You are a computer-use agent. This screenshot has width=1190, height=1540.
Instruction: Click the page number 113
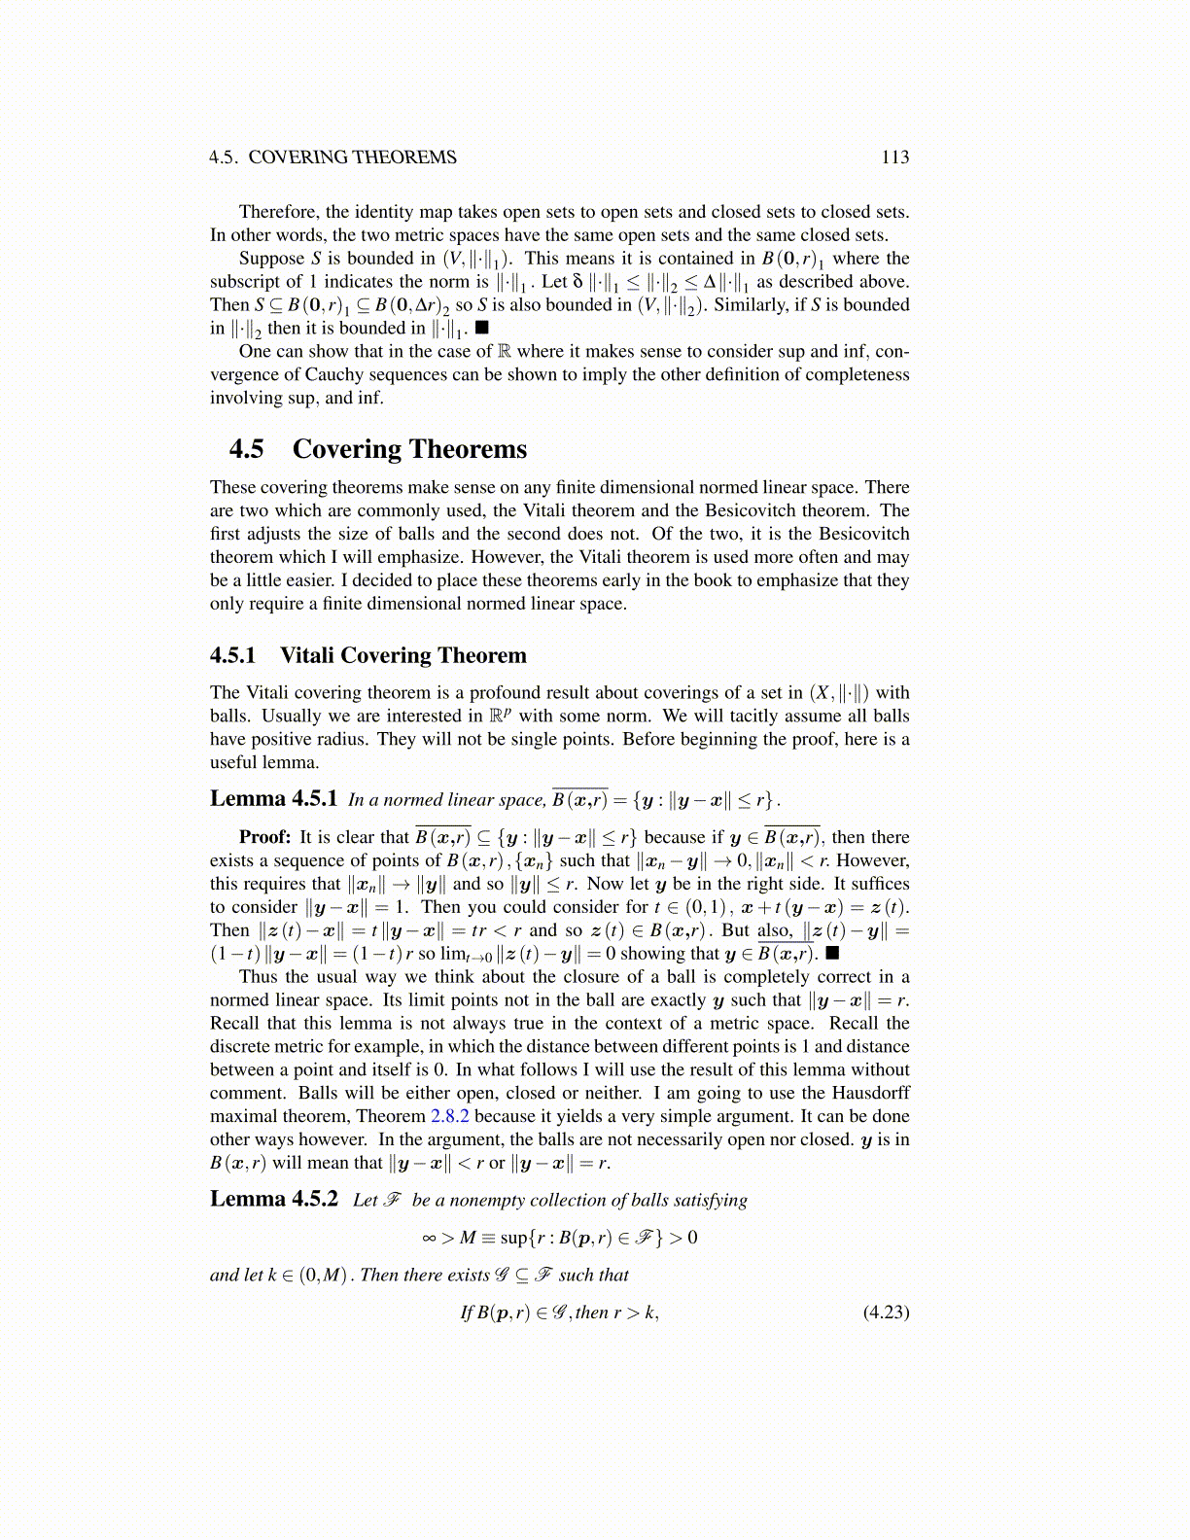tap(894, 157)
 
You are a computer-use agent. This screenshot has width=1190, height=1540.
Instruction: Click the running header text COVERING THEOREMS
tap(352, 157)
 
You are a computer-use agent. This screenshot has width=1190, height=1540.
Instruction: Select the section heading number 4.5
tap(246, 449)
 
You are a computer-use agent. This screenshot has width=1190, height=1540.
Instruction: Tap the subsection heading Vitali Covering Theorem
tap(402, 655)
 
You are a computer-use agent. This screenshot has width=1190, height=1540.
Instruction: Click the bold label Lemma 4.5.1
tap(273, 799)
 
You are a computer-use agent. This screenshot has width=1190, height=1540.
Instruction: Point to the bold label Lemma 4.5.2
tap(273, 1199)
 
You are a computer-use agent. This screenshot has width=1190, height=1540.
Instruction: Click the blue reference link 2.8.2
tap(449, 1116)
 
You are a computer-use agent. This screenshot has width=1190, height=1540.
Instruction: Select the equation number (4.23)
tap(886, 1312)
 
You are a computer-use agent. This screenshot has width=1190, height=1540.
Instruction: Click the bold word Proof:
tap(264, 837)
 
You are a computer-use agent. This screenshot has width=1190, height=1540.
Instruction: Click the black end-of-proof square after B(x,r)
tap(832, 954)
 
